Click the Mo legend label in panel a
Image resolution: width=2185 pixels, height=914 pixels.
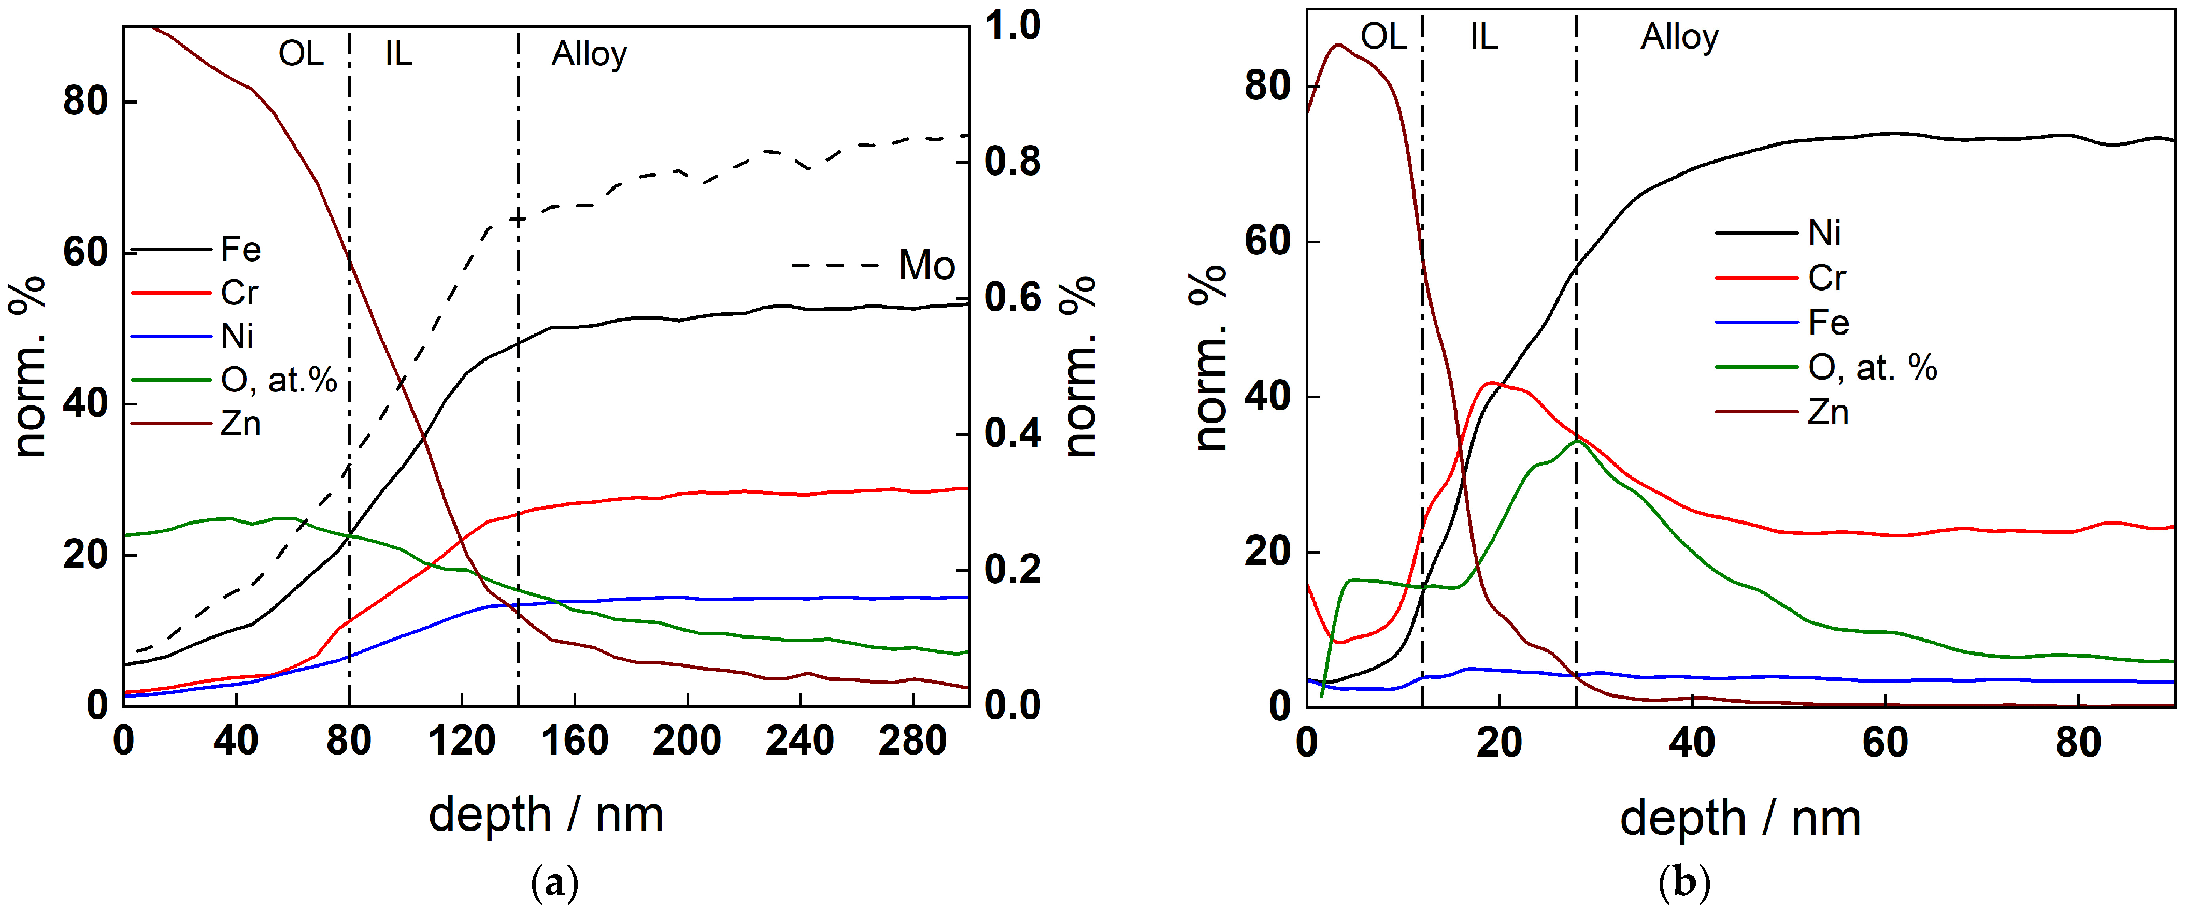click(x=926, y=265)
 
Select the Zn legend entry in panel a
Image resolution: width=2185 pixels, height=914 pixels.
click(x=196, y=423)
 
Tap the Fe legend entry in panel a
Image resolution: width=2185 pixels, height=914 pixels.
click(x=196, y=249)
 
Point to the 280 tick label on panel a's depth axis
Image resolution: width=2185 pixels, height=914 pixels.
click(x=912, y=741)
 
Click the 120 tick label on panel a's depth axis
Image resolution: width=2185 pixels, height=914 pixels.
click(x=462, y=741)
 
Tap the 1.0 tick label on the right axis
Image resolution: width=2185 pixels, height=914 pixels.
click(x=1013, y=25)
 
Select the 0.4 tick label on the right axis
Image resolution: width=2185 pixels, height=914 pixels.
click(x=1013, y=433)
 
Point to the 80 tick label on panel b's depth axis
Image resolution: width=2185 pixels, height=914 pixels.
click(x=2078, y=742)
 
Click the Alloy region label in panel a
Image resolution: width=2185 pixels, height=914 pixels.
click(x=590, y=54)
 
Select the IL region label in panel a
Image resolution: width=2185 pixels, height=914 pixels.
click(x=398, y=54)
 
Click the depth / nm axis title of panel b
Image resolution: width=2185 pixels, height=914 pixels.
click(x=1740, y=819)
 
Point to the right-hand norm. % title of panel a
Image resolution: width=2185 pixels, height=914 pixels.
click(x=1080, y=366)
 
